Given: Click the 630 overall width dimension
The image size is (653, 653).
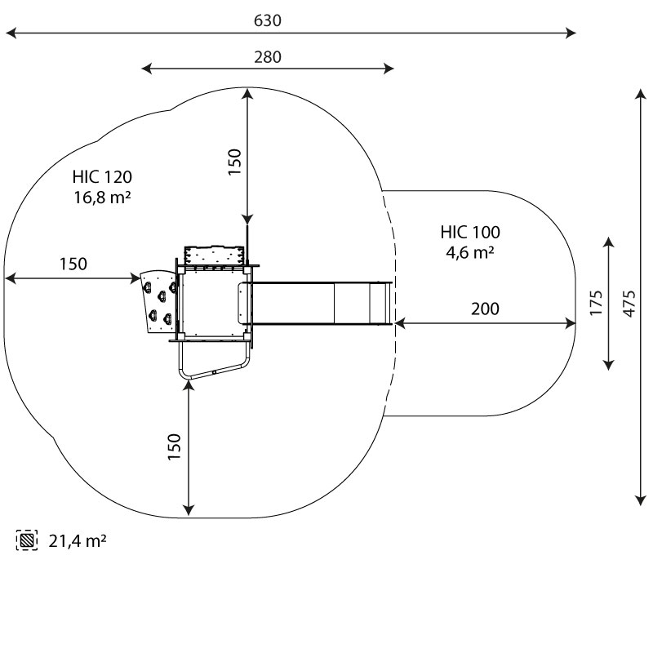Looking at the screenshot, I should pos(267,20).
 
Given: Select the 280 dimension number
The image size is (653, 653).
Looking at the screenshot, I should pos(267,57).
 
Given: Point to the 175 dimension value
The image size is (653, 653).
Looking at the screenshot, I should pos(597,303).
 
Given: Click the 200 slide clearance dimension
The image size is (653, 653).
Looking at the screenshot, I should pos(485,309).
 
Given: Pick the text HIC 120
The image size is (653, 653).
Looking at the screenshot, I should pos(102,176).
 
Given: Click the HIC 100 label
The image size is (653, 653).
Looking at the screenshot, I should pos(469,232).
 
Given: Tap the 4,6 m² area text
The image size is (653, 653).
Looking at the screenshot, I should pos(469,252).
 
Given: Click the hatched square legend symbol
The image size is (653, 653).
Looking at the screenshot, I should pos(27,540).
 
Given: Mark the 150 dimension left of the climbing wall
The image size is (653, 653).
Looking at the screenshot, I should pos(73,264).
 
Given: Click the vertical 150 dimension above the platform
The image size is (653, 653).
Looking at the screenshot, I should pos(234,162).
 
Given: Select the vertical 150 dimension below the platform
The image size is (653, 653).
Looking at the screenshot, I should pos(175,446).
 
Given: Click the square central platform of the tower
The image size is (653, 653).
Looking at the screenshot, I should pos(211,304).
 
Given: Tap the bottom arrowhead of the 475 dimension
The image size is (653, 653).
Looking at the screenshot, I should pos(640,500).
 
